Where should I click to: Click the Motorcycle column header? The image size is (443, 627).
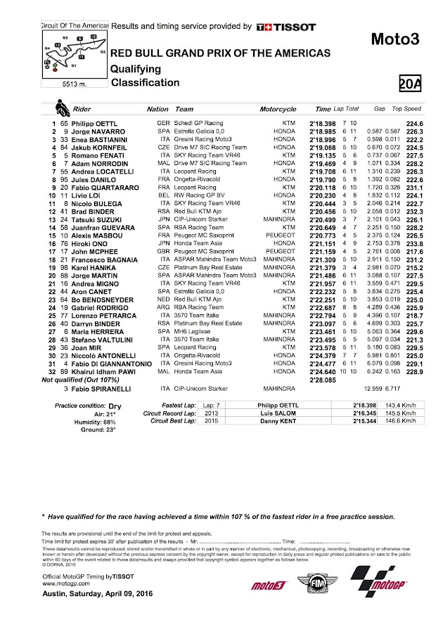tap(278, 110)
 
